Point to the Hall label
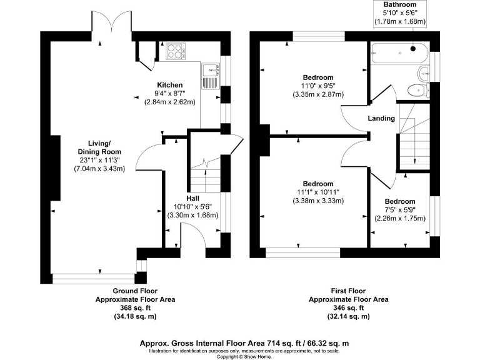tap(192, 197)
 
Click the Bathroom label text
tap(400, 4)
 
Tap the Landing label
tap(381, 118)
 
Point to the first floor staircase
tap(413, 141)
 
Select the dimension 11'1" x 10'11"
tap(318, 192)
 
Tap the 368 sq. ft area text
tap(135, 308)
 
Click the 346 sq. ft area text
tap(349, 308)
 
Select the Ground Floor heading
tap(135, 291)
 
